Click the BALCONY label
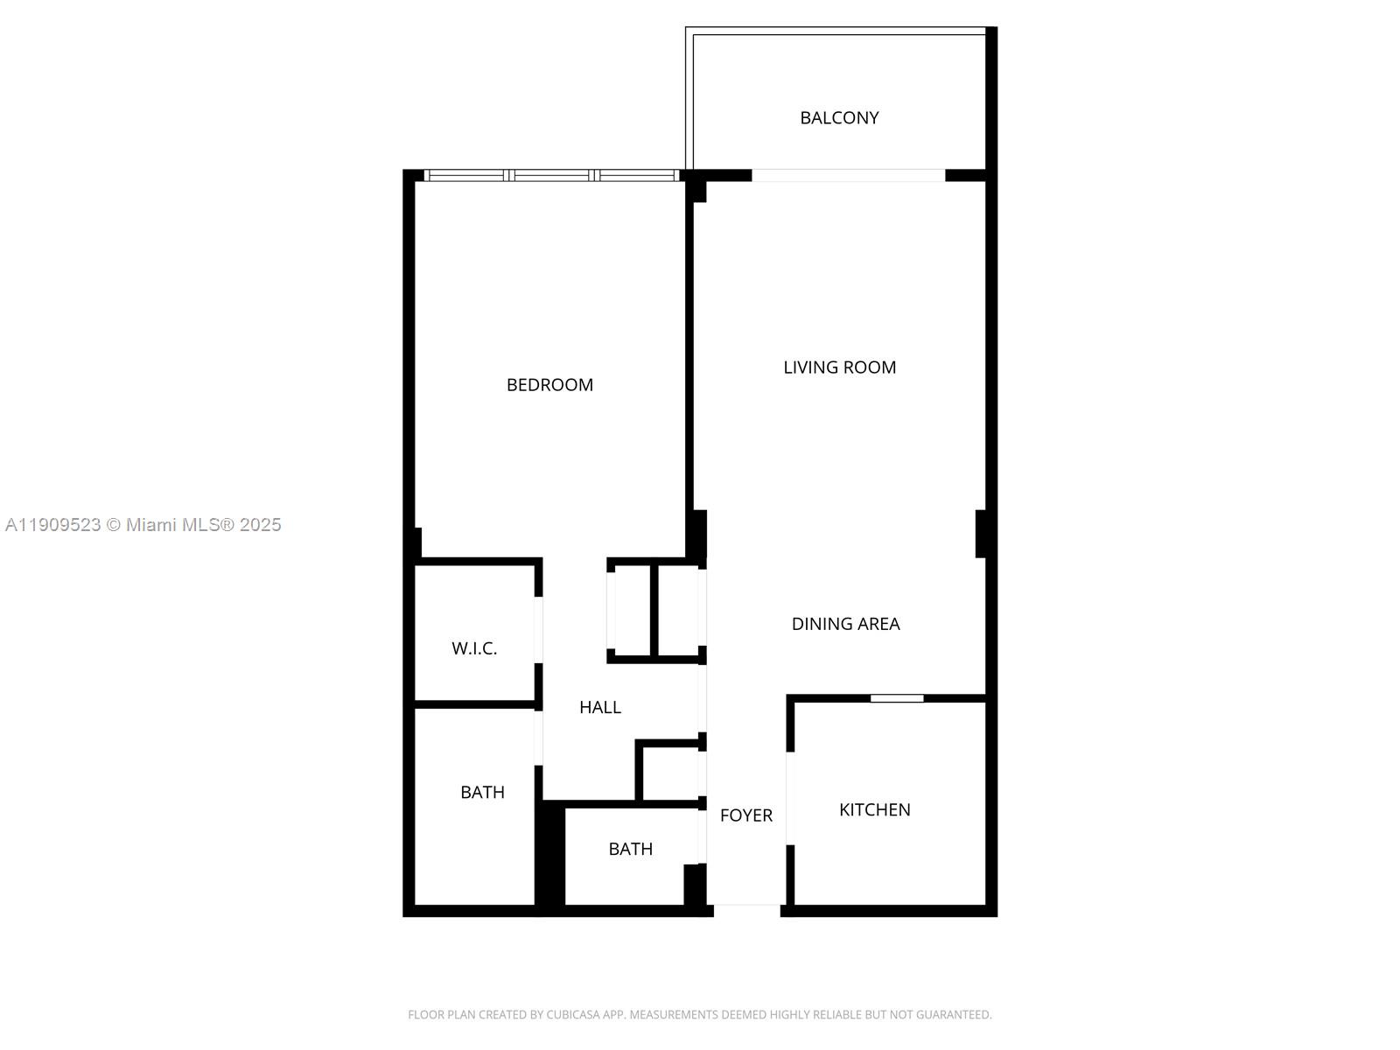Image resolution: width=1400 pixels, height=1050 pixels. point(839,118)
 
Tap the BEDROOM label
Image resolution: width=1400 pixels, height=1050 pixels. point(549,385)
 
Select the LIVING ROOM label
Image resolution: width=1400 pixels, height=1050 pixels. point(839,367)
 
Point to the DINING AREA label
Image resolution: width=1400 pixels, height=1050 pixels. point(845,624)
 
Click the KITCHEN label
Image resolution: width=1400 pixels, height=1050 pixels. point(874,810)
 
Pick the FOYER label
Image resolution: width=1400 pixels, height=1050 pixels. point(745,815)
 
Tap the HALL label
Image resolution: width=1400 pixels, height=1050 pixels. point(600,708)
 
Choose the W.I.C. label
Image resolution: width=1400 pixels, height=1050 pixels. point(474,648)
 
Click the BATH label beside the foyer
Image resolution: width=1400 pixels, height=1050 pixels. point(630,849)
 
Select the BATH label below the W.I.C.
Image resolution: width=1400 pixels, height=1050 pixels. point(482,793)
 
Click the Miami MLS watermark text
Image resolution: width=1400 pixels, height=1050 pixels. point(143,525)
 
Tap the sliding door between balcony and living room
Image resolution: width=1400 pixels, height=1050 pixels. point(848,175)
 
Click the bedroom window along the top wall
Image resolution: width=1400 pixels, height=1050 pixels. point(551,175)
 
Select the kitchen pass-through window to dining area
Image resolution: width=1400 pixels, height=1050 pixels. point(897,698)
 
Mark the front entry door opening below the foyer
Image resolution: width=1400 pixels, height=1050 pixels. point(746,910)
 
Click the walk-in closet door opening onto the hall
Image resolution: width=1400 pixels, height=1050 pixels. point(538,630)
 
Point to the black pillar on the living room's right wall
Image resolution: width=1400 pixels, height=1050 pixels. point(981,533)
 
